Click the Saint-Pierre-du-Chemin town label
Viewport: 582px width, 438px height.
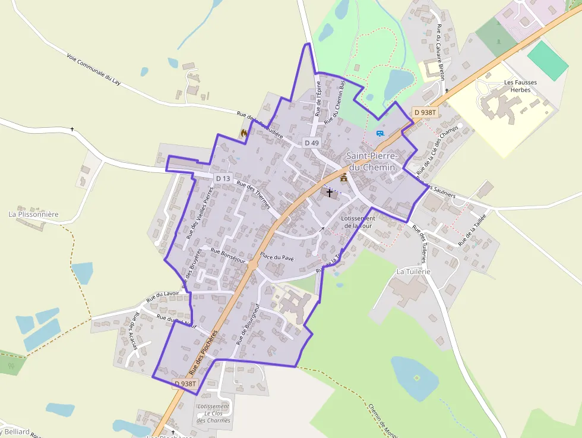coord(371,162)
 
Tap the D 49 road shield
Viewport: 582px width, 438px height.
coord(311,143)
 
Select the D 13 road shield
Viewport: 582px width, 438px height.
coord(223,178)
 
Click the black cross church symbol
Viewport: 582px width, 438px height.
coord(330,193)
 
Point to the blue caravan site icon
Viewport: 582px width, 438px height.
coord(380,133)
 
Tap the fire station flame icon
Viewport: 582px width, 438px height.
coord(243,134)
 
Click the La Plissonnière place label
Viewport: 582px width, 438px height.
coord(34,214)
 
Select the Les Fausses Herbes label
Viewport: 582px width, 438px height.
coord(517,86)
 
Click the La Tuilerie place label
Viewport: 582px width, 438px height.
coord(413,271)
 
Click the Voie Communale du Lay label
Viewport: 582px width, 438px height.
coord(94,69)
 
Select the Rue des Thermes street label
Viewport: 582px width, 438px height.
coord(254,195)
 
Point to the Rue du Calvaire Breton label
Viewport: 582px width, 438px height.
coord(441,52)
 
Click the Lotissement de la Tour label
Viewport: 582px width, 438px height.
coord(359,222)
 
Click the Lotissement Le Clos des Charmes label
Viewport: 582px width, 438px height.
coord(213,414)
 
